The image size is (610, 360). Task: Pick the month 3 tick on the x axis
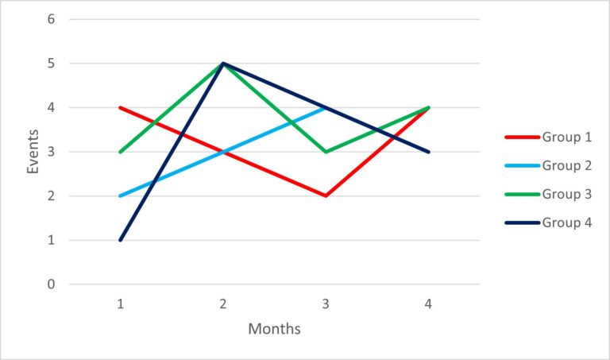[326, 303]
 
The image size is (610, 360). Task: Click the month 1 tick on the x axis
[121, 303]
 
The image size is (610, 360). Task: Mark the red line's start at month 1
[121, 107]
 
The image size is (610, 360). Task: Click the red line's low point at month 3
[326, 195]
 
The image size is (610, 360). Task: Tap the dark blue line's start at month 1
[121, 240]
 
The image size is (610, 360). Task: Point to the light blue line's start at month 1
[121, 195]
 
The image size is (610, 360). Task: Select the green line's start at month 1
[121, 152]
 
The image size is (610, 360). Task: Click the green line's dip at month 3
[326, 152]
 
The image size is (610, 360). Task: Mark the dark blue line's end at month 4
[429, 152]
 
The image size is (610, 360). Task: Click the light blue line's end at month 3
[326, 107]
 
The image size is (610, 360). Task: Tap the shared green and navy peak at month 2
[223, 64]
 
